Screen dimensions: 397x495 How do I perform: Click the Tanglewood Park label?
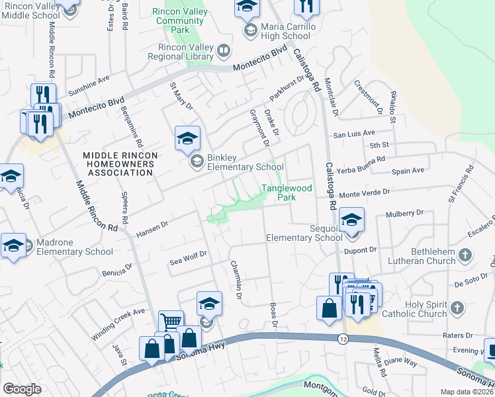(x=287, y=193)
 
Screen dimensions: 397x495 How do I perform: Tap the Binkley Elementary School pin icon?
(x=187, y=138)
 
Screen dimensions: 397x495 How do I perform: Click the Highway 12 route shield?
(x=342, y=339)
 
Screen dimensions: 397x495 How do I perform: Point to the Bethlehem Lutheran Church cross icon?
(x=465, y=255)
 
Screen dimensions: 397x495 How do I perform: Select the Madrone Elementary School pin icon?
(x=13, y=245)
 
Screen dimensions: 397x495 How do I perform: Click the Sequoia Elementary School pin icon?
(x=352, y=220)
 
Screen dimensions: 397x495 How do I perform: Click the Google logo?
(x=22, y=389)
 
